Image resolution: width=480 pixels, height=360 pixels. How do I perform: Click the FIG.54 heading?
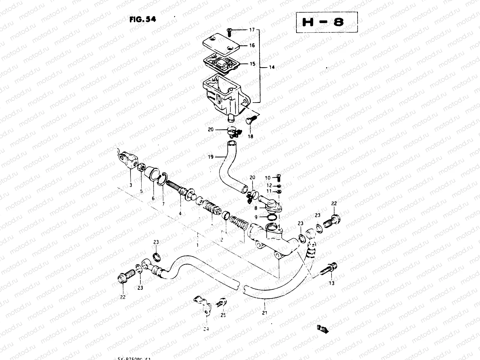pyautogui.click(x=142, y=19)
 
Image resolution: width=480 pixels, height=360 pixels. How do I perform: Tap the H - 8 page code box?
pyautogui.click(x=327, y=22)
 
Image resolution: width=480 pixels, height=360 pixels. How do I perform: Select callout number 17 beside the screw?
pyautogui.click(x=252, y=30)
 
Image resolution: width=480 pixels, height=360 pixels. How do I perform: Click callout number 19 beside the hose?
pyautogui.click(x=211, y=157)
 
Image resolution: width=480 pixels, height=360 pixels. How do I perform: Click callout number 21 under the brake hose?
pyautogui.click(x=265, y=313)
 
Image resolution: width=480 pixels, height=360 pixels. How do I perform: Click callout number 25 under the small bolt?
pyautogui.click(x=223, y=315)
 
